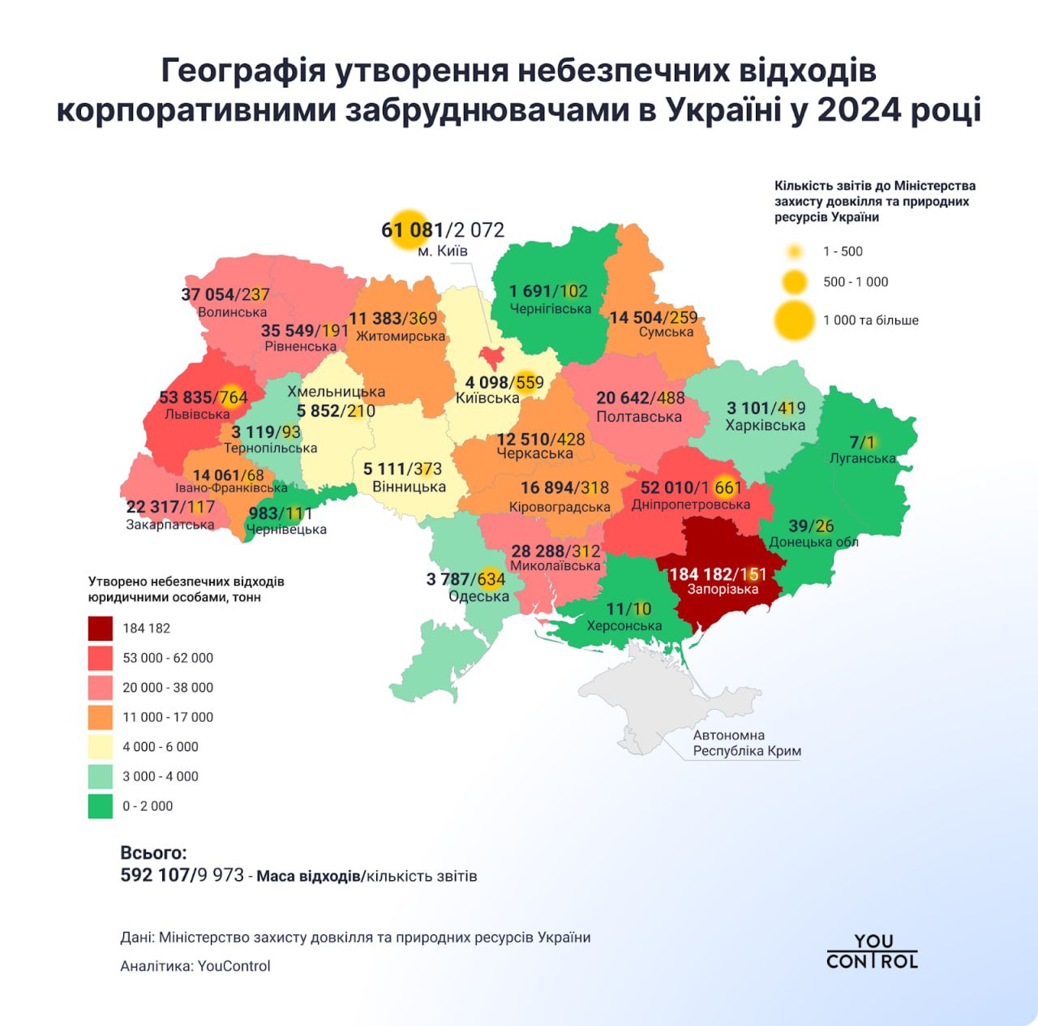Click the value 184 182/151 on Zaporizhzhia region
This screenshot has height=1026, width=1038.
[x=717, y=574]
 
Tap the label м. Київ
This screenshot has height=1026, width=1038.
[x=442, y=251]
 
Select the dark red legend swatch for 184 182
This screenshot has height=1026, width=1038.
[x=101, y=628]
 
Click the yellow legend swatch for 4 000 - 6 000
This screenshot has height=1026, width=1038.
[x=101, y=746]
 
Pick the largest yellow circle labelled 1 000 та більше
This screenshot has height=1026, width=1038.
[x=795, y=320]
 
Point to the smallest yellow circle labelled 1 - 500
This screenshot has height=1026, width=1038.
[x=795, y=251]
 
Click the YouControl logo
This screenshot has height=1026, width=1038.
[x=872, y=951]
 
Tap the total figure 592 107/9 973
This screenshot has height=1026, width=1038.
[x=182, y=875]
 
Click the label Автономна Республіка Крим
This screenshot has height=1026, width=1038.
[x=746, y=743]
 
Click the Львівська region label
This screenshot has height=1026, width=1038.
[x=197, y=414]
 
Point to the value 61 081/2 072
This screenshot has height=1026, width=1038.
[x=443, y=230]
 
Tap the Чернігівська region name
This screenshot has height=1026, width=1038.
[x=550, y=308]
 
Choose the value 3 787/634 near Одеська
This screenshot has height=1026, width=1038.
[x=465, y=579]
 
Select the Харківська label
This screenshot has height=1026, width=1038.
[x=765, y=425]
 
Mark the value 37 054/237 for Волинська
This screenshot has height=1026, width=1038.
[x=225, y=294]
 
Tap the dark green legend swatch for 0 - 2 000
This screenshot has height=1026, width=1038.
[x=101, y=805]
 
